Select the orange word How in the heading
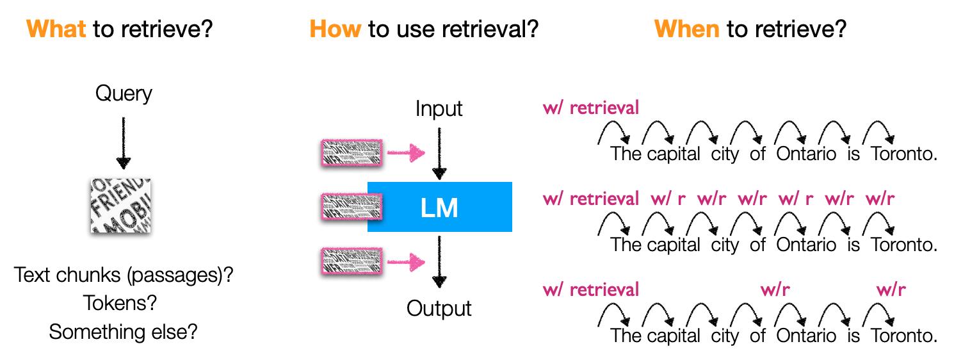[335, 29]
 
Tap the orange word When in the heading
[686, 29]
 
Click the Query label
[124, 94]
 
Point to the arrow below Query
[124, 143]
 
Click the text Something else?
[123, 332]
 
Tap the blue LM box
[439, 207]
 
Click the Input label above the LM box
[439, 109]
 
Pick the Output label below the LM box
[439, 309]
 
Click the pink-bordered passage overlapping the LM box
[350, 207]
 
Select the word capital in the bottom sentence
[673, 336]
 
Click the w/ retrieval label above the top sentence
[590, 108]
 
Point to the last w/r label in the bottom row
[891, 290]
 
